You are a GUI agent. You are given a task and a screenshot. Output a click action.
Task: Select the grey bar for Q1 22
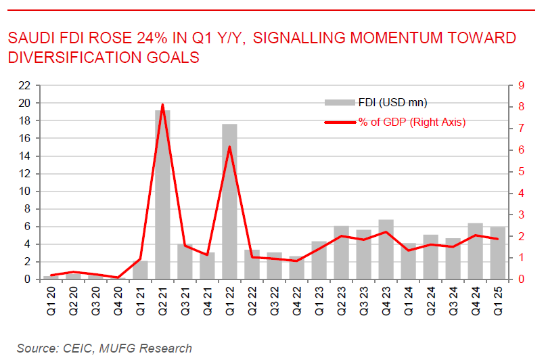pos(229,202)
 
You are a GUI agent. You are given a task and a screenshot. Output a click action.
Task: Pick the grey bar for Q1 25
pos(498,253)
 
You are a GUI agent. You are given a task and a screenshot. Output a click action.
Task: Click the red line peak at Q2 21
pos(163,105)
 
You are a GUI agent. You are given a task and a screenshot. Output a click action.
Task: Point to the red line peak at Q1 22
pos(229,147)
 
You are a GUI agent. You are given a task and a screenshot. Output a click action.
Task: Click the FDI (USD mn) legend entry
pos(376,102)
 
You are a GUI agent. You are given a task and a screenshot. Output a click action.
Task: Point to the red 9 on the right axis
pos(520,86)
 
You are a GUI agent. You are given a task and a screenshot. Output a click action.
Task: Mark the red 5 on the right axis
pos(520,172)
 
